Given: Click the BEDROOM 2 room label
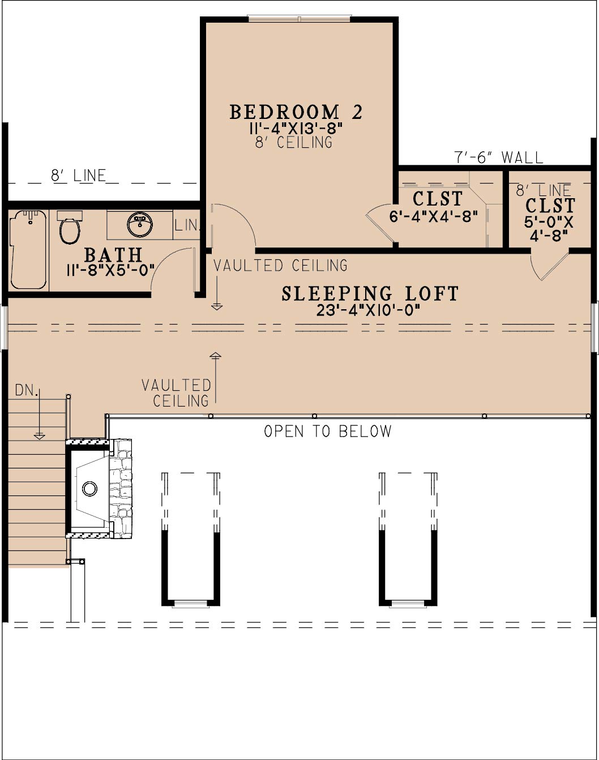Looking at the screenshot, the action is (296, 112).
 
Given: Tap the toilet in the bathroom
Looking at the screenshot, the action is (70, 228).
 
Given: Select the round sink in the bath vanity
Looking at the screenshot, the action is (140, 224).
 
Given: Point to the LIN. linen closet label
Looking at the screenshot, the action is (186, 225).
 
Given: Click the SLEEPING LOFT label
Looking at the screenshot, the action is (370, 294).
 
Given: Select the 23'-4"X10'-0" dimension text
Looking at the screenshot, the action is (369, 311).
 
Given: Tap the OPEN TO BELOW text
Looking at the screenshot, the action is (328, 431).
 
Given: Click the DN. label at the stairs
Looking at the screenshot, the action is (26, 390).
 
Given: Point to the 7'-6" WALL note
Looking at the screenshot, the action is (498, 157).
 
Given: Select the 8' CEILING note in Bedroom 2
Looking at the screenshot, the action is (294, 142).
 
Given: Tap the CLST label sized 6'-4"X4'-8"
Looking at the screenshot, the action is (438, 198).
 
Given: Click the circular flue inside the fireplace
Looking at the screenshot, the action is (89, 489).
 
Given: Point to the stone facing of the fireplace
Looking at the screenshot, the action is (121, 489).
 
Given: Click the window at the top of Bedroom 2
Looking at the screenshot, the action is (299, 19).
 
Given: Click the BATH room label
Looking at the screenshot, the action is (113, 255).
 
